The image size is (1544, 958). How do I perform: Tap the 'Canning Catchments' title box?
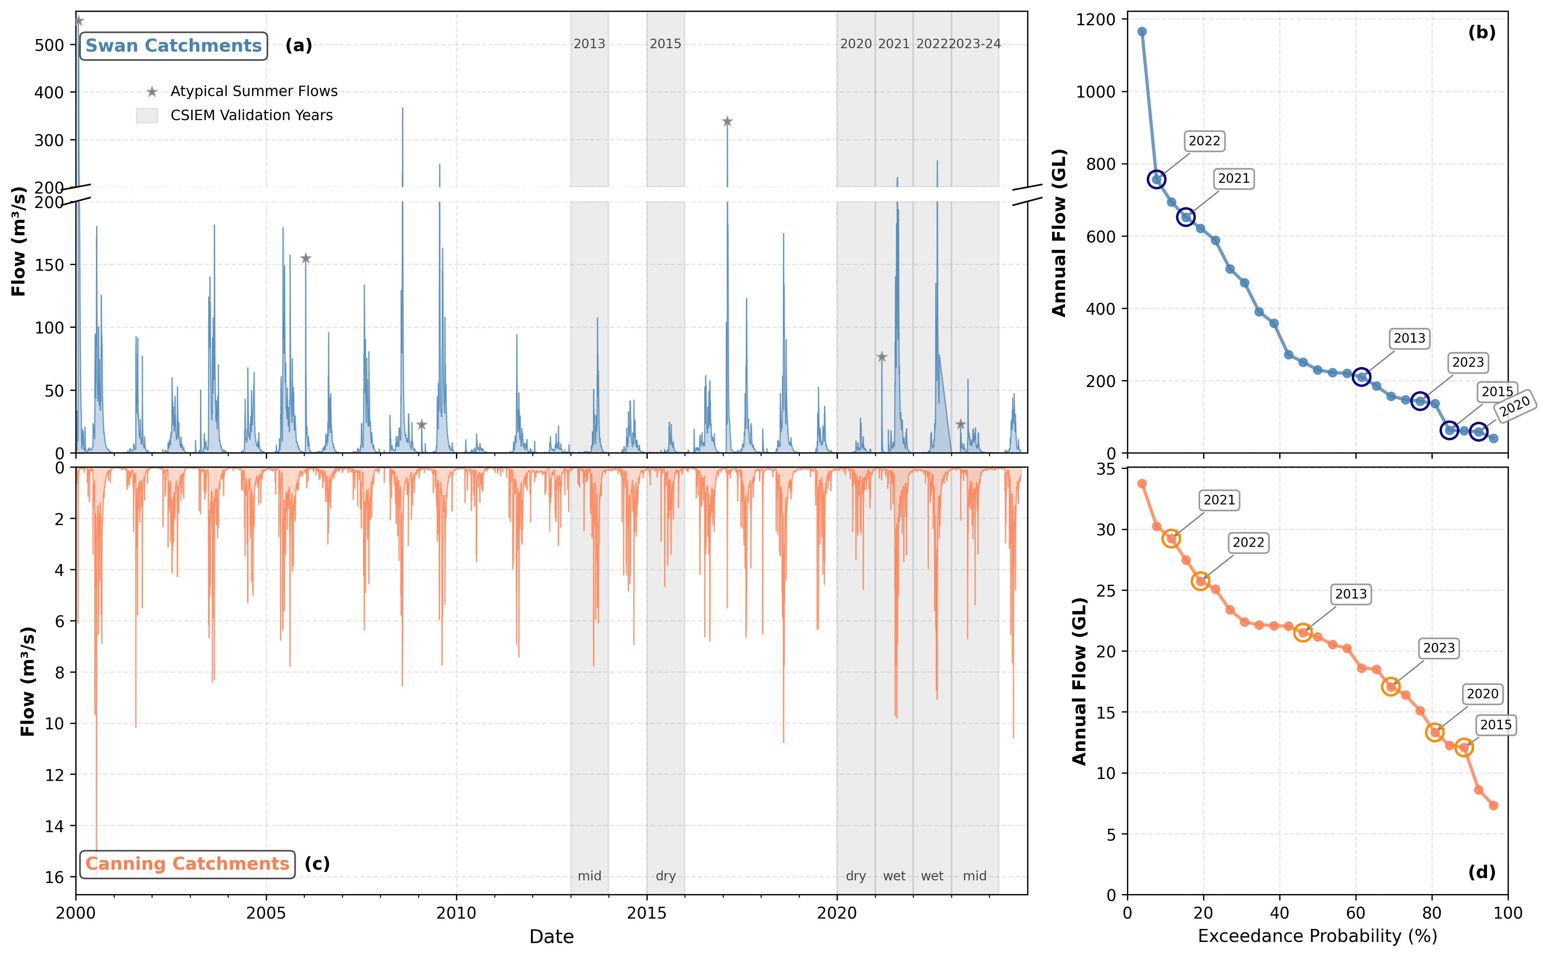pos(187,864)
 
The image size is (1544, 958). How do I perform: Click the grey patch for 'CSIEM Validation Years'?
pos(147,115)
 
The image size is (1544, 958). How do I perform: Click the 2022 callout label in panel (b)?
pos(1204,141)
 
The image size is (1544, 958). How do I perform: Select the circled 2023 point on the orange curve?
pos(1391,686)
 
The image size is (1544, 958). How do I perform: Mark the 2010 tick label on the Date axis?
pos(456,913)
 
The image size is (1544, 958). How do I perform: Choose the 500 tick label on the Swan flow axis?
pos(49,46)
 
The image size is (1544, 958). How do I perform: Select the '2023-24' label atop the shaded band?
pos(975,44)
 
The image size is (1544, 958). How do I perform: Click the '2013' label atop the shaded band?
pos(590,44)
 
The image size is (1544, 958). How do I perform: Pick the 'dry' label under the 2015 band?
pos(666,876)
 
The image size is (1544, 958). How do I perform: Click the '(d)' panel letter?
pos(1482,872)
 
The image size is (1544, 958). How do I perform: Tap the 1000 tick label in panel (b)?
pos(1096,92)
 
